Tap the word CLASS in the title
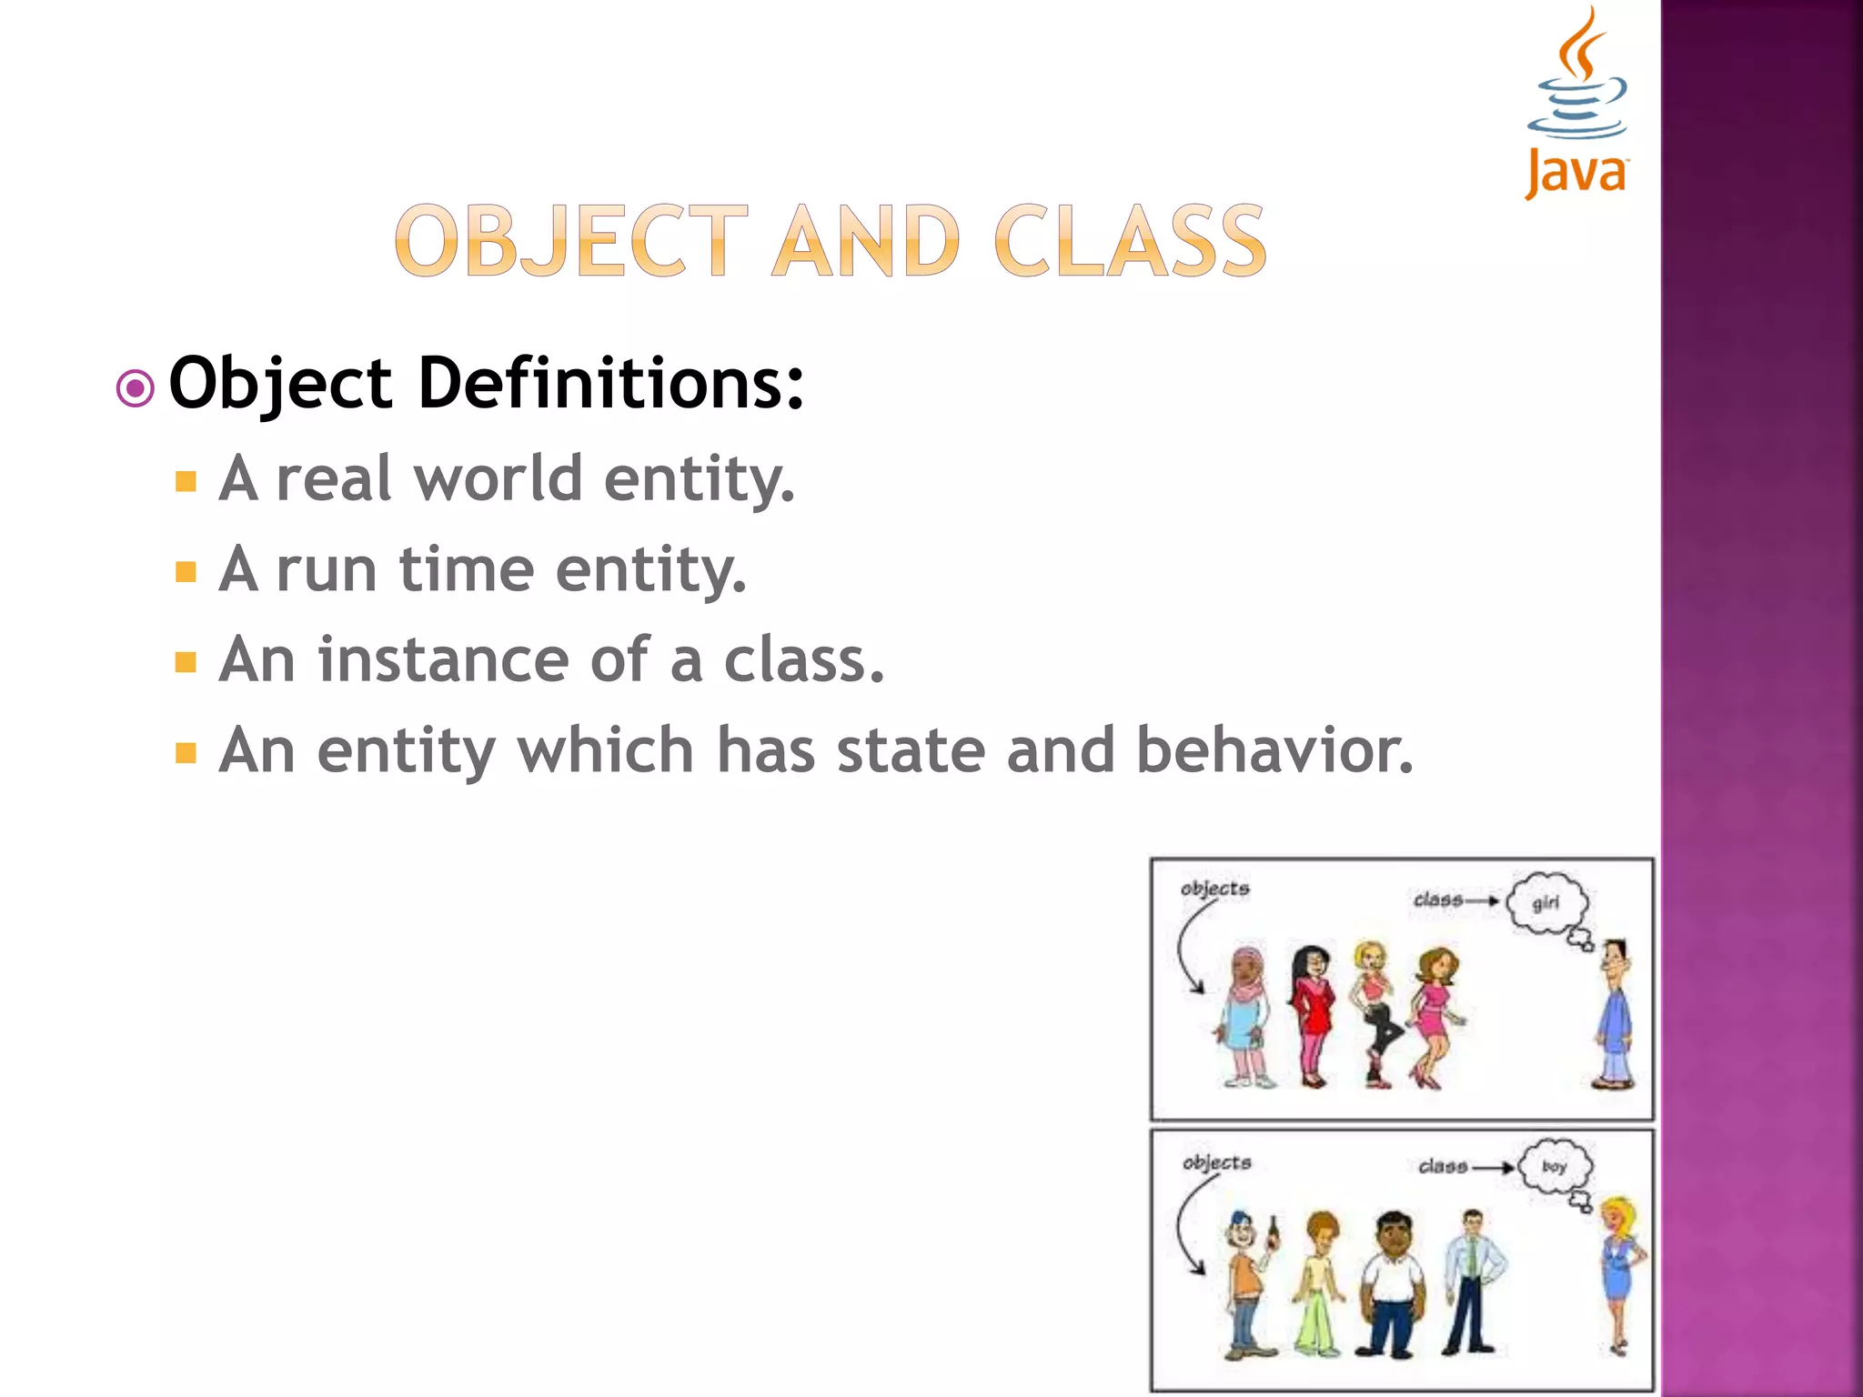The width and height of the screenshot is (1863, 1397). click(x=1130, y=241)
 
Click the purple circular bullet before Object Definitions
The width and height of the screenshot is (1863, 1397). click(x=136, y=389)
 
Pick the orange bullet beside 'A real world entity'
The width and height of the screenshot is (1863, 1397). click(x=186, y=481)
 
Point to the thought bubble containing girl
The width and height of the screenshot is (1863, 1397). click(x=1546, y=903)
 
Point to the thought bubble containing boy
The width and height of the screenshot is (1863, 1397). click(x=1555, y=1166)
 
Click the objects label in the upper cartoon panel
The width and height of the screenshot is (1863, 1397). click(x=1214, y=889)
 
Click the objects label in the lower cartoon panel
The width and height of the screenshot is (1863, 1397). click(x=1216, y=1162)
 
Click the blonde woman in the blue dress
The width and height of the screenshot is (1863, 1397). click(x=1619, y=1273)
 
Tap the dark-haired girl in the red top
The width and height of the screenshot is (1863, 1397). click(x=1311, y=1014)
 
